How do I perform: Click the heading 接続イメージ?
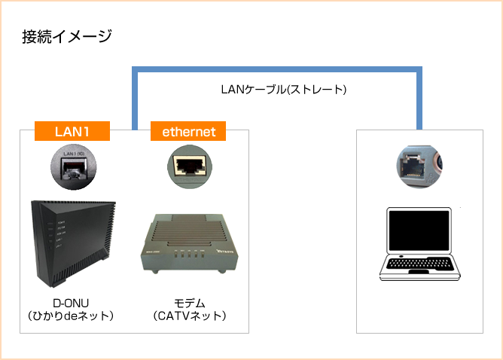(x=67, y=35)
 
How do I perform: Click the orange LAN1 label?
(x=72, y=131)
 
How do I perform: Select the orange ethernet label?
(x=189, y=131)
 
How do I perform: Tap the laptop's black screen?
(x=419, y=231)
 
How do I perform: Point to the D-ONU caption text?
(x=72, y=301)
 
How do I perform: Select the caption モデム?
(x=189, y=301)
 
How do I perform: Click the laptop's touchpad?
(x=419, y=274)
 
